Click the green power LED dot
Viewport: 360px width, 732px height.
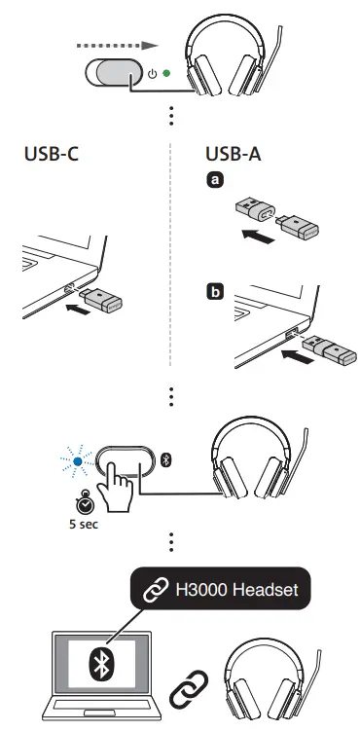166,73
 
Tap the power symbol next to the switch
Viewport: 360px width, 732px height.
151,73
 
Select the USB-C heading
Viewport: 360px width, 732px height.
52,156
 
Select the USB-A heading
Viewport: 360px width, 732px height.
234,156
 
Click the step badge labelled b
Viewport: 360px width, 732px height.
211,291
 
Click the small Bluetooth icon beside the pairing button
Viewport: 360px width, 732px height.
165,457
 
